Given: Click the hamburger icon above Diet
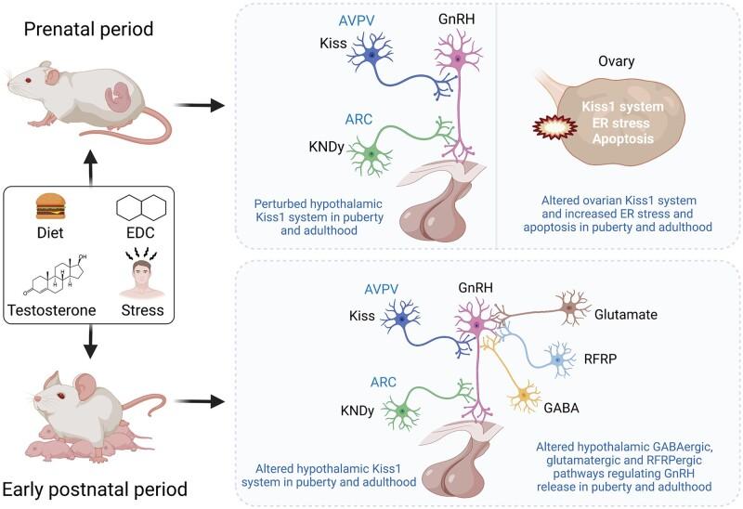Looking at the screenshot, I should click(x=48, y=205).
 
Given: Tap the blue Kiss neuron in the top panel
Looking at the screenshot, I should click(x=372, y=55).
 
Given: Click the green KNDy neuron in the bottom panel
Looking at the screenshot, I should click(x=401, y=410).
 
